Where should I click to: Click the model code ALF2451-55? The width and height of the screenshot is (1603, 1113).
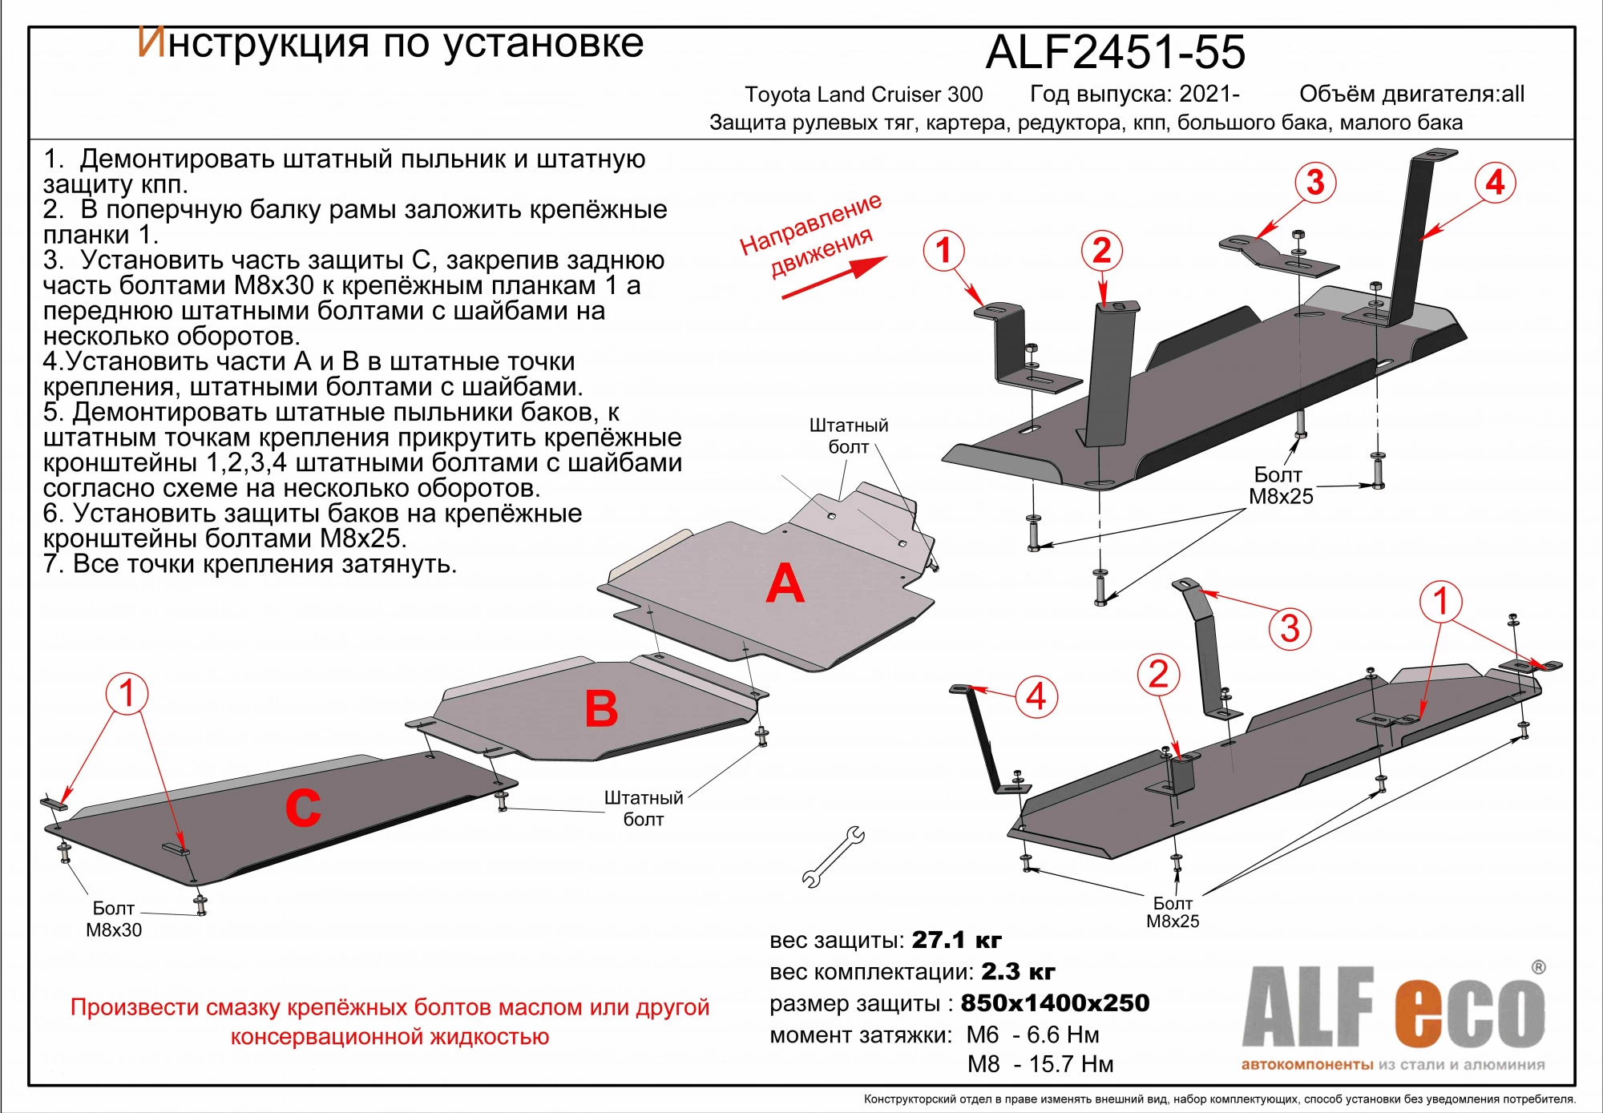(x=1115, y=52)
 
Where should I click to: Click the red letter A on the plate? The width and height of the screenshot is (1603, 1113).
(x=785, y=584)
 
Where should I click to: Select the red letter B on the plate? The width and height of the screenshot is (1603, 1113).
(x=601, y=709)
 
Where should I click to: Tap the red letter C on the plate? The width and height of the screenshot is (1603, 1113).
(x=303, y=808)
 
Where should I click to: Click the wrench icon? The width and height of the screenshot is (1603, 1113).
(x=834, y=857)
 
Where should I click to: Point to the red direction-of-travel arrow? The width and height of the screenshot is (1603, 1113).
(x=834, y=277)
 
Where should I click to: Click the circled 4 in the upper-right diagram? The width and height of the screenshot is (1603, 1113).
(x=1495, y=183)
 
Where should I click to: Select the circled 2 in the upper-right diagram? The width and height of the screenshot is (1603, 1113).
(x=1101, y=251)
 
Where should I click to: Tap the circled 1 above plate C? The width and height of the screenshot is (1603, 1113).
(x=127, y=693)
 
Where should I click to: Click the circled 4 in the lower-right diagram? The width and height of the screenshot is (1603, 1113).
(x=1036, y=696)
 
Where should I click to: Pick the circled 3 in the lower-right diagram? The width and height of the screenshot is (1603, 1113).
(x=1289, y=628)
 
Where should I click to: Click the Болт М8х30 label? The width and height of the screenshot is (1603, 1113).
(x=114, y=919)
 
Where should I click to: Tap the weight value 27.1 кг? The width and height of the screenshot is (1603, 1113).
(x=956, y=940)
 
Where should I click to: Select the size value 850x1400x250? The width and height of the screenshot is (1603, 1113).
(x=1055, y=1003)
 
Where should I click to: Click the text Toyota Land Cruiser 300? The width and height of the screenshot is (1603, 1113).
(x=863, y=95)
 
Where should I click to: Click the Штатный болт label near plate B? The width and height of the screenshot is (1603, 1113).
(x=643, y=808)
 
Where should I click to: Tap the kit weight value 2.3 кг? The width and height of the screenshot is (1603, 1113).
(x=1018, y=972)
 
